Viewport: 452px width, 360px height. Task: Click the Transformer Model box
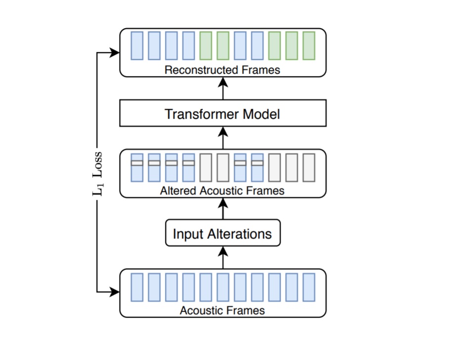pyautogui.click(x=223, y=113)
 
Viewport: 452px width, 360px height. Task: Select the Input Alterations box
pyautogui.click(x=223, y=233)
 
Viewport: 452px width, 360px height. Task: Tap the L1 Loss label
pyautogui.click(x=97, y=174)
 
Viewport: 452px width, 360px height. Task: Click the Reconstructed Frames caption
pyautogui.click(x=222, y=70)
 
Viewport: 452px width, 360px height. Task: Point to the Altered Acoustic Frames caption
pyautogui.click(x=222, y=191)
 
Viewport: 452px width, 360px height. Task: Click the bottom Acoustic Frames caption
pyautogui.click(x=222, y=311)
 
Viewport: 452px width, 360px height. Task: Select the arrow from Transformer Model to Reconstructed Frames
pyautogui.click(x=223, y=89)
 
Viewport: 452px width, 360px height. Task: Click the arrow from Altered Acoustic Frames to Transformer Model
pyautogui.click(x=223, y=138)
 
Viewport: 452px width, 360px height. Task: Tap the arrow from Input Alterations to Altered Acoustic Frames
pyautogui.click(x=223, y=209)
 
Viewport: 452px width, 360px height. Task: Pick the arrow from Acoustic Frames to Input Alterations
pyautogui.click(x=223, y=258)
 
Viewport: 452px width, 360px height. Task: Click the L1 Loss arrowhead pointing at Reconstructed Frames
pyautogui.click(x=115, y=52)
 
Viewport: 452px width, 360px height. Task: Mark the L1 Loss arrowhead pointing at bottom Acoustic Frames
pyautogui.click(x=115, y=292)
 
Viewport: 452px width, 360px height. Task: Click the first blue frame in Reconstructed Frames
pyautogui.click(x=137, y=46)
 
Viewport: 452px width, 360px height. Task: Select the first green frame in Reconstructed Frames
pyautogui.click(x=206, y=46)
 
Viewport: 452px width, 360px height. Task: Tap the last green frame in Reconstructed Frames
pyautogui.click(x=309, y=46)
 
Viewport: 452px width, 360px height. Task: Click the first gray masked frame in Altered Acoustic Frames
pyautogui.click(x=206, y=168)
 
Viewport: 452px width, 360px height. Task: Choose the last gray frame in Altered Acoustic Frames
pyautogui.click(x=309, y=168)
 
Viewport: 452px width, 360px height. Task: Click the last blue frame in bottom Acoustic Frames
pyautogui.click(x=309, y=287)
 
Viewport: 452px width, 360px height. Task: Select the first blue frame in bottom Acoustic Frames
pyautogui.click(x=137, y=287)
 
